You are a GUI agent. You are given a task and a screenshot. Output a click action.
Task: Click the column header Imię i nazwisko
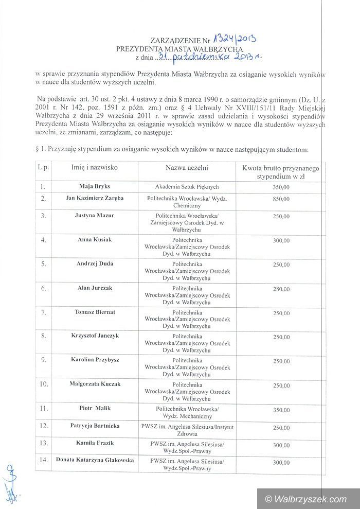pos(95,168)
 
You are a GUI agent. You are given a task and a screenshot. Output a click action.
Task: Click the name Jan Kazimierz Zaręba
pos(95,198)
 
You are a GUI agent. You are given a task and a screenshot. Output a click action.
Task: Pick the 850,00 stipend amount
pos(281,198)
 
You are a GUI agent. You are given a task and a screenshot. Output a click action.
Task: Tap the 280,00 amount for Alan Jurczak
pos(281,289)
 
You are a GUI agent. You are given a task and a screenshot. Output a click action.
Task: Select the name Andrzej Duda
pos(95,264)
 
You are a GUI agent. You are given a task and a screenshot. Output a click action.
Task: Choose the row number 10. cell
pos(44,384)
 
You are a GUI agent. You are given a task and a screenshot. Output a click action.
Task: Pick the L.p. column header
pos(44,168)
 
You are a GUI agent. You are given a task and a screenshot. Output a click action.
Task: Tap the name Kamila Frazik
pos(95,443)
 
